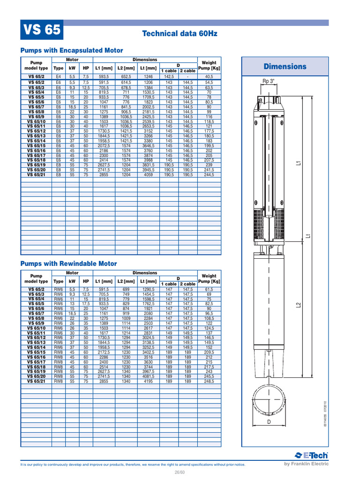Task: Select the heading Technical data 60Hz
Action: (180, 34)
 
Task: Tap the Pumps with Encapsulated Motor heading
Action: (71, 50)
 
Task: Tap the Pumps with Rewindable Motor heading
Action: (68, 264)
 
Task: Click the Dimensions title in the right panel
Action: (285, 67)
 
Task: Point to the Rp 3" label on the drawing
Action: (269, 81)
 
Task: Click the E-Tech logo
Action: (312, 455)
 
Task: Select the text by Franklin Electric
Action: (307, 464)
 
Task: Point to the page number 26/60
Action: (180, 472)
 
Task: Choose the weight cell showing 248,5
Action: (209, 382)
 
